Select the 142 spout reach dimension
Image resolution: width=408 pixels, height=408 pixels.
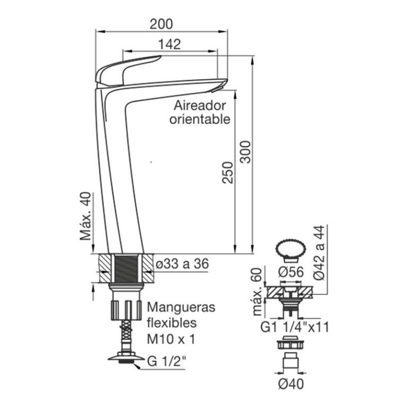point(169,44)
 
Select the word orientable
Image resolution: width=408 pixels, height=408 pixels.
point(200,118)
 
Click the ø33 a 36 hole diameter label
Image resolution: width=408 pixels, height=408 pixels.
point(181,264)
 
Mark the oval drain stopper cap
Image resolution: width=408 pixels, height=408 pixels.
point(291,248)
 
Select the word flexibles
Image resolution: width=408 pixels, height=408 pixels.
point(172,323)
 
